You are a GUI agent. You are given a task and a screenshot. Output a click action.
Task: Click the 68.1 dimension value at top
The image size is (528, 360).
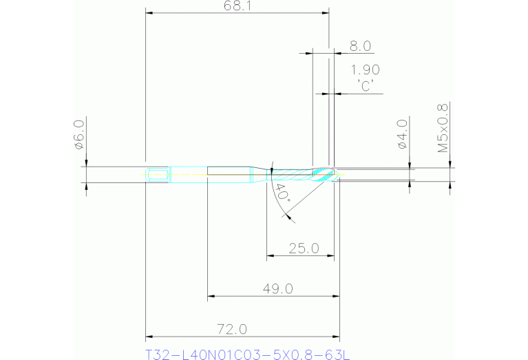coord(237,6)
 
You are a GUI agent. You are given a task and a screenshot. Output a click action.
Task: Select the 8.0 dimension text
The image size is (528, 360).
coord(361,46)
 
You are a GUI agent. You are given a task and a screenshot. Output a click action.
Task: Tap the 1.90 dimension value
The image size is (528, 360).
coord(365,70)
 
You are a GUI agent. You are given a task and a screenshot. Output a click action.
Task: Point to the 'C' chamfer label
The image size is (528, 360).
coord(365,85)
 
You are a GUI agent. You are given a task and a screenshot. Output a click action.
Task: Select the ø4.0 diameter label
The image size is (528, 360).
coord(403,134)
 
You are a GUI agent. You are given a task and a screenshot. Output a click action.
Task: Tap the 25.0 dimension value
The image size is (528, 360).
coord(303,248)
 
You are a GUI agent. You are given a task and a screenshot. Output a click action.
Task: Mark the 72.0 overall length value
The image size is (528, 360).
coord(232,329)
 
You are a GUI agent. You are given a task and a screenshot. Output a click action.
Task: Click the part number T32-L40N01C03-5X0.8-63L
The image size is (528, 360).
coord(248,355)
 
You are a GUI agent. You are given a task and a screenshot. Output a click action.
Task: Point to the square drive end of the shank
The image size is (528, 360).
coord(158,174)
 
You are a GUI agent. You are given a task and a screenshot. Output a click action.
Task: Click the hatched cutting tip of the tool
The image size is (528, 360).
coord(324,173)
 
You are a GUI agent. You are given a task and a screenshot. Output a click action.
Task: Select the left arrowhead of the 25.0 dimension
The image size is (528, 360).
coord(270,257)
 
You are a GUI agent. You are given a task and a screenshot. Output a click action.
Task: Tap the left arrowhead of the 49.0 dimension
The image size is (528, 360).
coord(211,297)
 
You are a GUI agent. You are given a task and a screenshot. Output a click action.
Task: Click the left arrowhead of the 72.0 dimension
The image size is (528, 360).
coord(149,337)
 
